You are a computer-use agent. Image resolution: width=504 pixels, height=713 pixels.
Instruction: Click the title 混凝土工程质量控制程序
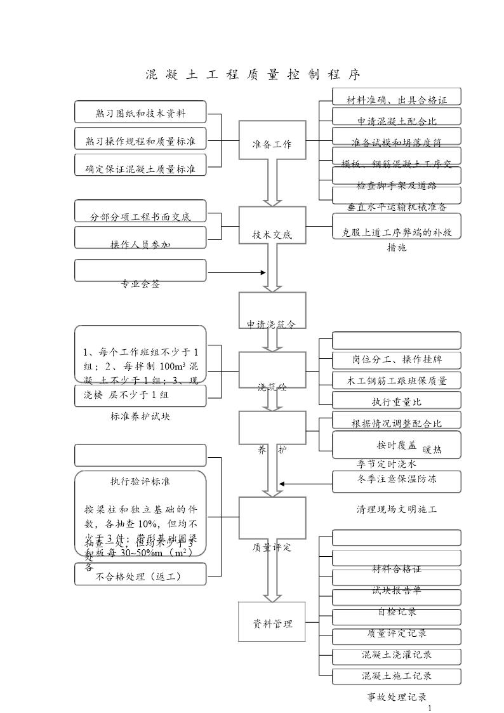tap(253, 74)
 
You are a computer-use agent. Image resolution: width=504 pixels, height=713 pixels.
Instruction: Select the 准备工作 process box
tap(272, 144)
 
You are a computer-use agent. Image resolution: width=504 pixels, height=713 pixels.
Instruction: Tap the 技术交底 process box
tap(272, 234)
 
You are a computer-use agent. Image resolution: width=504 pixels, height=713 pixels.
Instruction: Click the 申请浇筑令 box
tap(272, 323)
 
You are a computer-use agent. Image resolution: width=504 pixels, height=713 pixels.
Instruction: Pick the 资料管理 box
tap(272, 623)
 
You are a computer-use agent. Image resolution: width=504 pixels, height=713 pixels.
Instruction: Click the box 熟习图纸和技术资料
tap(140, 113)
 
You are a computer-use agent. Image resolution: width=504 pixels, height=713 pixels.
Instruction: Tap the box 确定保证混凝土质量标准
tap(140, 169)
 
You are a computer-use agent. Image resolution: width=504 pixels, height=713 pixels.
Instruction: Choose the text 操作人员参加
tap(140, 244)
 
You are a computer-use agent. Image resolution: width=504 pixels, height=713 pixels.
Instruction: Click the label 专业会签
tap(140, 284)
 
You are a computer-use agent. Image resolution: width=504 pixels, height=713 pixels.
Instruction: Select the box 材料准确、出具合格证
tap(397, 100)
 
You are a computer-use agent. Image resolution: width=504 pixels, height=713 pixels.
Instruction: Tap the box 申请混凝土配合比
tap(397, 120)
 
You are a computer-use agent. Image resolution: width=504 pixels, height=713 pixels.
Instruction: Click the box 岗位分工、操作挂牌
tap(397, 360)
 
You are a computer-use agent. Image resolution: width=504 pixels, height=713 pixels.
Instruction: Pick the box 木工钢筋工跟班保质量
tap(397, 381)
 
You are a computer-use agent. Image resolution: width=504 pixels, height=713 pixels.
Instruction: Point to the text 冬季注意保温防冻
tap(397, 479)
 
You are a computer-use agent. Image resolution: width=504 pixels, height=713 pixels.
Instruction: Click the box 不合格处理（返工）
tap(140, 576)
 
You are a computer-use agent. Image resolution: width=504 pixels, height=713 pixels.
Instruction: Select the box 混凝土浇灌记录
tap(397, 655)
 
